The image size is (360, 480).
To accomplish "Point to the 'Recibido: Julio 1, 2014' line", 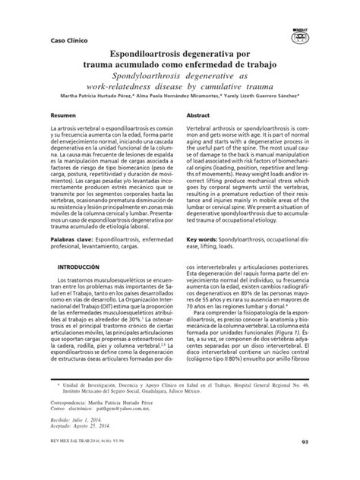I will click(84, 440).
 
